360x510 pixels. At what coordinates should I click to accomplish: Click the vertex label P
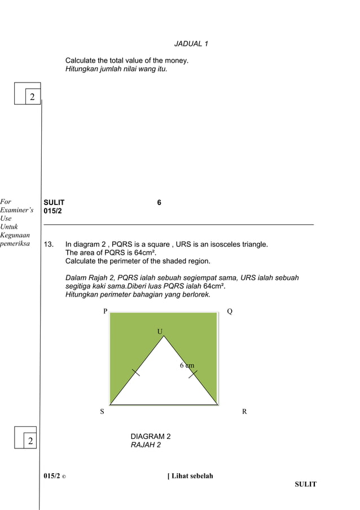pos(105,311)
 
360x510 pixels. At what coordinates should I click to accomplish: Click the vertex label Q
pos(230,311)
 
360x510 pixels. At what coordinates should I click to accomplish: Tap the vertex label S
pos(102,412)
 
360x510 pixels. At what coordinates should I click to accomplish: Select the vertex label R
pos(244,412)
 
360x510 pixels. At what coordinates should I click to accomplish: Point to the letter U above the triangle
pos(160,331)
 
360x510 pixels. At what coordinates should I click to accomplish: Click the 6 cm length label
pos(187,365)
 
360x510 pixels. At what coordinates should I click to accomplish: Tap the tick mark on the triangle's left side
pos(136,372)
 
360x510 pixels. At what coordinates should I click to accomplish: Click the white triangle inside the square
pos(164,384)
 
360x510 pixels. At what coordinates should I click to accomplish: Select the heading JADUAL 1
pos(191,44)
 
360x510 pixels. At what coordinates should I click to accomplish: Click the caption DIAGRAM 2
pos(151,437)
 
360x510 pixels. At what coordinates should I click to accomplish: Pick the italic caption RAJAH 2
pos(146,445)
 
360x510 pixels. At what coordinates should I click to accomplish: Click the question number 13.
pos(49,245)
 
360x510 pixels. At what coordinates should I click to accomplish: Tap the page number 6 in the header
pos(159,202)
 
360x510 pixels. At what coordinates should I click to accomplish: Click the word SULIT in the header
pos(54,202)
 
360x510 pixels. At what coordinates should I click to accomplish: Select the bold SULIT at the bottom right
pos(305,484)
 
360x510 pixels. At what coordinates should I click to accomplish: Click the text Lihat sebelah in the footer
pos(192,476)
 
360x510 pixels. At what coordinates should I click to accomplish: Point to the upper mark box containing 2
pos(32,97)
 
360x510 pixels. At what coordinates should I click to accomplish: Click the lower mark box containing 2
pos(30,441)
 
